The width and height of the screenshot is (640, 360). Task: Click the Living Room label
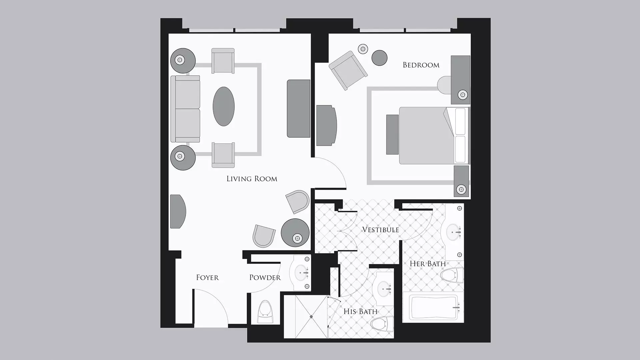(252, 179)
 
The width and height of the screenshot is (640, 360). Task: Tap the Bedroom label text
(421, 65)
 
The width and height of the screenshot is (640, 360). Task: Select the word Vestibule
(380, 230)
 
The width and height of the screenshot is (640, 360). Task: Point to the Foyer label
(207, 278)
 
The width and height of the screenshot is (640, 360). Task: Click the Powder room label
(265, 278)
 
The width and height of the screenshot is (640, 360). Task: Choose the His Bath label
(360, 312)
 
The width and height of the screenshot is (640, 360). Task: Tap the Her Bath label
(428, 264)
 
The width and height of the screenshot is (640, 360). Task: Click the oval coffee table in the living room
(224, 106)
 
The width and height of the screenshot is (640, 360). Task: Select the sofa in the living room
(185, 109)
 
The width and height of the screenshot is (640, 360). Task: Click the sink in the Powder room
(302, 272)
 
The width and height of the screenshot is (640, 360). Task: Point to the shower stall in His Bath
(306, 317)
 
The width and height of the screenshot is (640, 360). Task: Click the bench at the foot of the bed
(393, 135)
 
